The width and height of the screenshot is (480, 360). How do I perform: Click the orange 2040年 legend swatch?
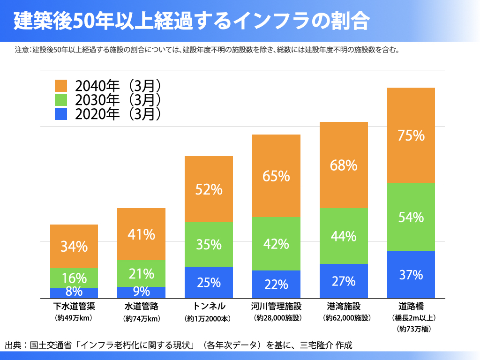point(61,86)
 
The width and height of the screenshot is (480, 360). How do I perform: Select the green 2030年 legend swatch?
point(61,100)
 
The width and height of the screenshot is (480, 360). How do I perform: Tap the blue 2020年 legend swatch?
point(61,114)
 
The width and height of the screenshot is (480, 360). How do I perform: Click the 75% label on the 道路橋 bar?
point(411,135)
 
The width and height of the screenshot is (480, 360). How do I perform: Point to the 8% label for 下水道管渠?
point(74,292)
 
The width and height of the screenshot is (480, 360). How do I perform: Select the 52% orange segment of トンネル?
point(209,189)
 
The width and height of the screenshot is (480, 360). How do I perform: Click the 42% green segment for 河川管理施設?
point(276,244)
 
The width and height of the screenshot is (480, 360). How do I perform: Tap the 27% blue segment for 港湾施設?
point(344,281)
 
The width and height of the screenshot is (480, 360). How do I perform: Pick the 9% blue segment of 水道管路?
point(141,292)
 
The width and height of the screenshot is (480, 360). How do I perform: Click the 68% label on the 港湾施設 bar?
point(344,165)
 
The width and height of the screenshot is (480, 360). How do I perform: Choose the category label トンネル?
point(209,307)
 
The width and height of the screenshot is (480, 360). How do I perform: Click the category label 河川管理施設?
point(276,307)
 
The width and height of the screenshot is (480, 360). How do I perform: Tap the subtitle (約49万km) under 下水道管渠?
point(74,318)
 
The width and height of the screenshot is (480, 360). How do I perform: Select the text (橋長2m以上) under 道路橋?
point(411,318)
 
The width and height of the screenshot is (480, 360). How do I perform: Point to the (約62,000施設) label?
point(344,318)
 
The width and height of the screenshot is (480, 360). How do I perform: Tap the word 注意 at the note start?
point(22,49)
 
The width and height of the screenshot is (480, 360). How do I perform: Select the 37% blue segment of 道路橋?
point(411,275)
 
